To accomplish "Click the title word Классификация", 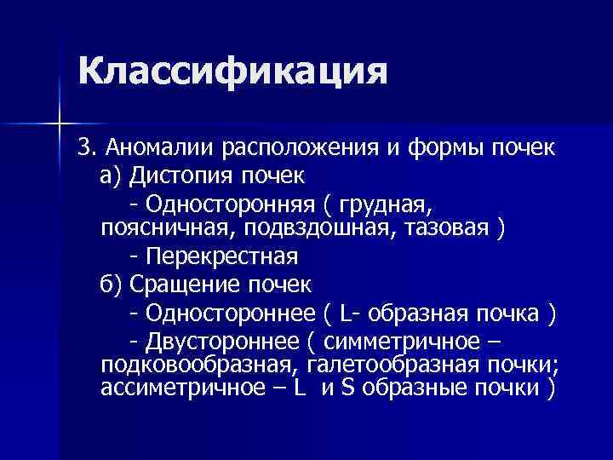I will (232, 72).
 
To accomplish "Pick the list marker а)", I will (112, 175).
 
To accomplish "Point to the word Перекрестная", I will (221, 256).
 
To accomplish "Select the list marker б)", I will (112, 284).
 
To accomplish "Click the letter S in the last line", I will (347, 388).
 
